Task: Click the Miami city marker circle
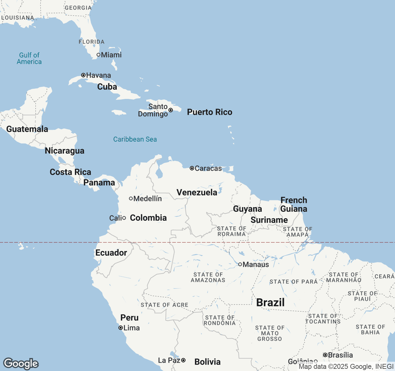pos(98,55)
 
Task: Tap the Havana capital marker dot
pos(83,75)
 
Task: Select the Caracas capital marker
pos(192,168)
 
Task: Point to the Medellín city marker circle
pos(131,198)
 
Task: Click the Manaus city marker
pos(240,264)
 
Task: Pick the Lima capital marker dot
pos(121,328)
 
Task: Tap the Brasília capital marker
pos(325,355)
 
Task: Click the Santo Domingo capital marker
pos(171,110)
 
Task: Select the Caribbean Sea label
pos(135,139)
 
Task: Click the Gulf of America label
pos(29,58)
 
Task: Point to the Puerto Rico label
pos(210,112)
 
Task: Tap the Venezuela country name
pos(197,192)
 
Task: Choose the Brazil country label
pos(270,302)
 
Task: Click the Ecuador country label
pos(111,253)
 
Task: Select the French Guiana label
pos(294,204)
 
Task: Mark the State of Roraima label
pos(231,231)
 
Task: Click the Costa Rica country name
pos(70,172)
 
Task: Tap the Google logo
pos(21,364)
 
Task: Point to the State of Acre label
pos(164,305)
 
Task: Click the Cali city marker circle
pos(124,218)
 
